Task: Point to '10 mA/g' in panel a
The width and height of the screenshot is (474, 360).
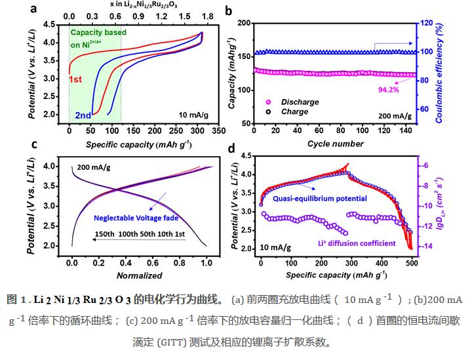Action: tap(192, 114)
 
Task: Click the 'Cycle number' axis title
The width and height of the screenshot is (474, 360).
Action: tap(334, 143)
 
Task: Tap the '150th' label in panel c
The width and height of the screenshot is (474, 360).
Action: tap(106, 233)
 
